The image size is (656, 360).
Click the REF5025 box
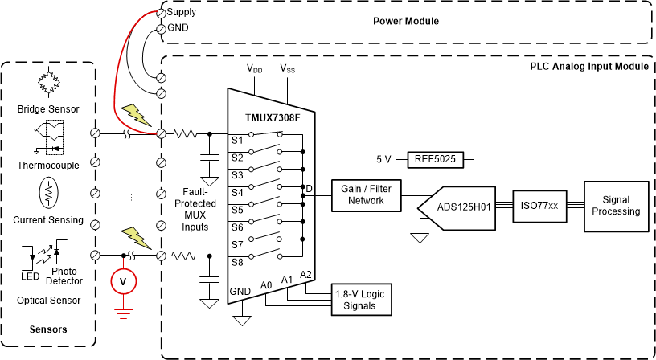(x=435, y=159)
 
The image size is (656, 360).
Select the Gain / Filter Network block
(x=366, y=195)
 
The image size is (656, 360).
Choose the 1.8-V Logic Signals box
(x=360, y=300)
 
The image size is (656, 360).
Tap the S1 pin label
(x=237, y=140)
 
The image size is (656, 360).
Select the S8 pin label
(x=237, y=261)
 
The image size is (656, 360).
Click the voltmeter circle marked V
(x=123, y=281)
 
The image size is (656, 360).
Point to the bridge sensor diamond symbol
(x=49, y=82)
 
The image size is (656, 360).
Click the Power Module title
(x=406, y=20)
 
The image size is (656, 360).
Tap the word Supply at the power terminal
(x=182, y=12)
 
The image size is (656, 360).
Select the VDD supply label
(x=254, y=69)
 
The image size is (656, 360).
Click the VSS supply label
(x=287, y=69)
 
